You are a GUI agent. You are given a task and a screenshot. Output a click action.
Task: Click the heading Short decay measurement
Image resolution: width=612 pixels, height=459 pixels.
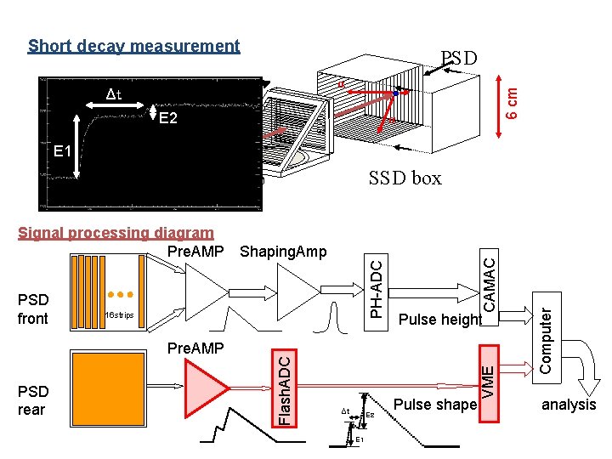[133, 46]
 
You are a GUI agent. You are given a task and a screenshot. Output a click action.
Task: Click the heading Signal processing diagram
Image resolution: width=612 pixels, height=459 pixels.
[116, 232]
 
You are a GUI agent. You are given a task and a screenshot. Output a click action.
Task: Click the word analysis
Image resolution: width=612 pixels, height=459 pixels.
[569, 405]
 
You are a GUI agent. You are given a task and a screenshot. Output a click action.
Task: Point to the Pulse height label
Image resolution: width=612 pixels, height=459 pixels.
[440, 320]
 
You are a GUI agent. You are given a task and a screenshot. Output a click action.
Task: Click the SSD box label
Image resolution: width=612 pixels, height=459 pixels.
[405, 178]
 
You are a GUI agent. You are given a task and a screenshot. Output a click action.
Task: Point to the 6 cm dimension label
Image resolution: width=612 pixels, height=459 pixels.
[512, 99]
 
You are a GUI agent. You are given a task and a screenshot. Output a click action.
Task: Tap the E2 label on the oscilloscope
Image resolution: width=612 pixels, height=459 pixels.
[167, 118]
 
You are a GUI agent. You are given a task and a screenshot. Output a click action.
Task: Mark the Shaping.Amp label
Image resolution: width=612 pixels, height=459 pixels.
[283, 252]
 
